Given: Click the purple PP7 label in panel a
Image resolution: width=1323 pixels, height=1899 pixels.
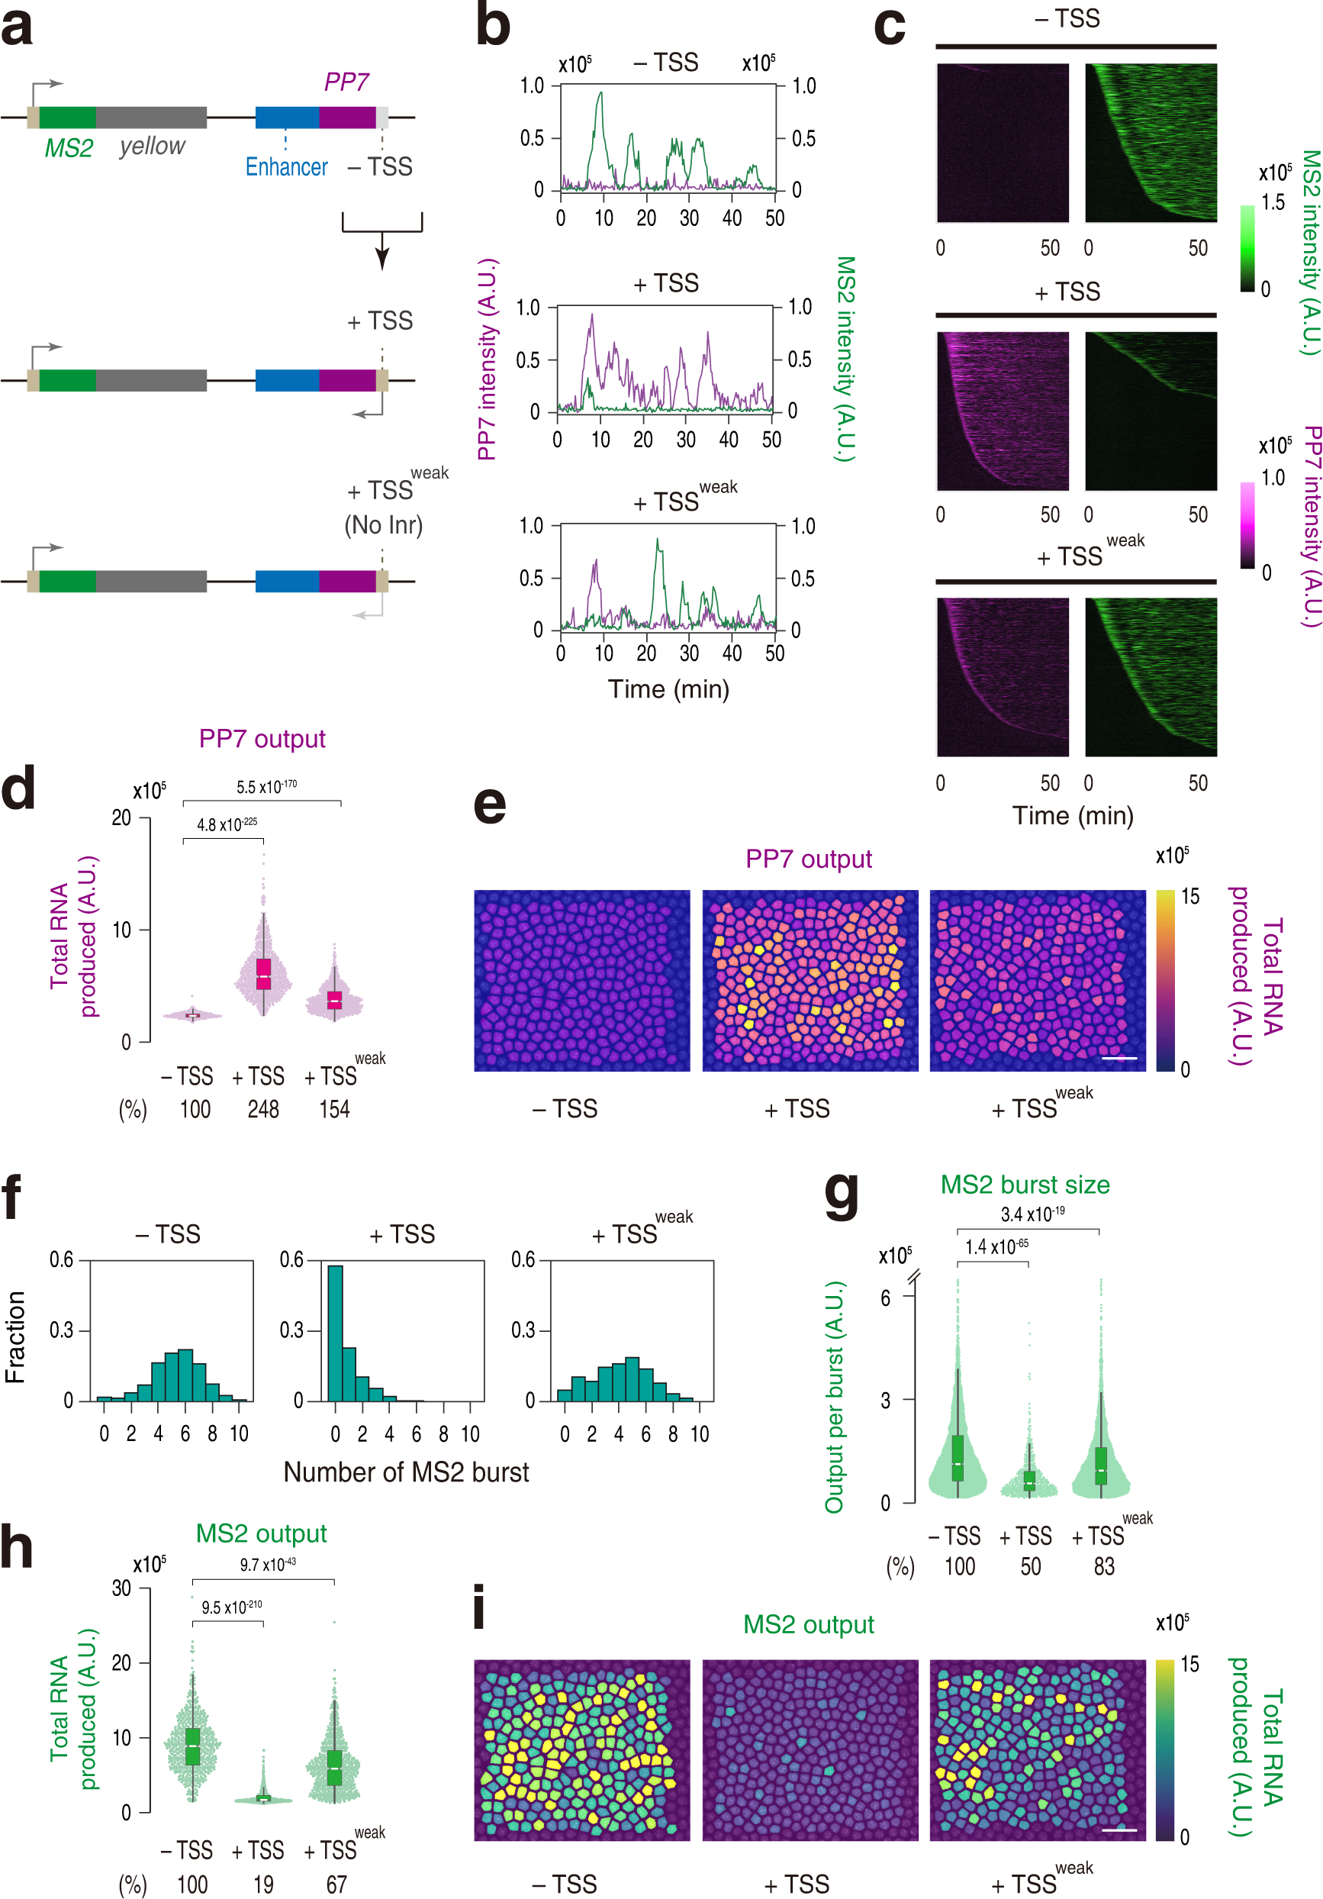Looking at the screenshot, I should coord(346,82).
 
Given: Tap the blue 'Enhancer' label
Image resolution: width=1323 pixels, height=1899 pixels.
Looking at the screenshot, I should coord(286,168).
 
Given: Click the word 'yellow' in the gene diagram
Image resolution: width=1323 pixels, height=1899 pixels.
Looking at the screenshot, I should coord(151,147).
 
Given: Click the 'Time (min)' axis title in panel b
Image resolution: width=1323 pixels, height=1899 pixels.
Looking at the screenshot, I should coord(668,689).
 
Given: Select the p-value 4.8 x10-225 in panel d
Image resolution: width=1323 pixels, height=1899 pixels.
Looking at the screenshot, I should coord(227,824).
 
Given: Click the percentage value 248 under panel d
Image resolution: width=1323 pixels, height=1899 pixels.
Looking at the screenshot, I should coord(263,1109).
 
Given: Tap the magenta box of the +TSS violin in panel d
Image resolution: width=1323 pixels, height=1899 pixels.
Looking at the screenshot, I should coord(263,973).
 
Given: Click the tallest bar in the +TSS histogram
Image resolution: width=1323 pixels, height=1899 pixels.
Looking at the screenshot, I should coord(335,1333).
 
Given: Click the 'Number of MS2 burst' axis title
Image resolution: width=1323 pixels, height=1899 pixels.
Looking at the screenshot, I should coord(406,1472).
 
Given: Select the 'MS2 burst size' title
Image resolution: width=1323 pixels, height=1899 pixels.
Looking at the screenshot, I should coord(1025,1185).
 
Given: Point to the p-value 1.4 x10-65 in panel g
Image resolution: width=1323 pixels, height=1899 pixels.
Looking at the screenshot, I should coord(996,1246).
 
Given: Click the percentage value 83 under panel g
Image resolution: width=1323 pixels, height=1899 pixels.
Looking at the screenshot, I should coord(1104,1566).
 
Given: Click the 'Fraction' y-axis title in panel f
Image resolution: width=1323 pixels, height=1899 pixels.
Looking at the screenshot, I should coord(15,1336).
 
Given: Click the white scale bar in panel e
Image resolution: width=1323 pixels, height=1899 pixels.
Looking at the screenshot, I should coord(1119,1058).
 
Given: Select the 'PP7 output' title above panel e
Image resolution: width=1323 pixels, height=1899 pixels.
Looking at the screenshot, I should coord(808,859).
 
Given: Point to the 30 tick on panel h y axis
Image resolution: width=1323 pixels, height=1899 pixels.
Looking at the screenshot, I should coord(121,1588).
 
